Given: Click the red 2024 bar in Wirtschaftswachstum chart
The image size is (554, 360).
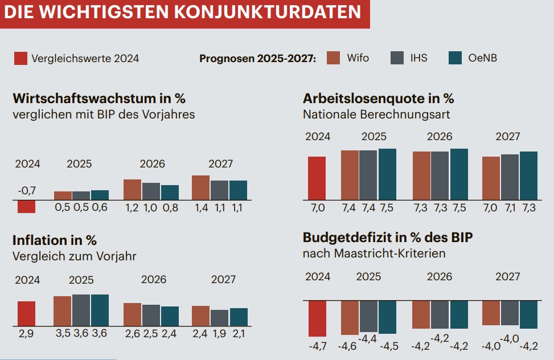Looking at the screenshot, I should click(x=26, y=206).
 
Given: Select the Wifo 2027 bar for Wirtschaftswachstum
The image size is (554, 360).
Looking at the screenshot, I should click(x=200, y=187).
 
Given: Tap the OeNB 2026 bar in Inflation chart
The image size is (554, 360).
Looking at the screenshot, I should click(x=170, y=316).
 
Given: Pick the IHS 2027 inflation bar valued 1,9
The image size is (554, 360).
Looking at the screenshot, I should click(x=219, y=317).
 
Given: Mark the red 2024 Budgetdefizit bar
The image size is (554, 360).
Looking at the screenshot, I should click(x=317, y=318).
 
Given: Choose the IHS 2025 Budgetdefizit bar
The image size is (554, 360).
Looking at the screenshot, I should click(x=368, y=316).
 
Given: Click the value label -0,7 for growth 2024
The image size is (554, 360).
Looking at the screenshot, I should click(x=27, y=190).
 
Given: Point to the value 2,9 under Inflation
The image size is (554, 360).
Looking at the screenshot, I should click(x=26, y=334).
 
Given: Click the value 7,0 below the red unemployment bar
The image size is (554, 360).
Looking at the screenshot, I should click(x=317, y=208).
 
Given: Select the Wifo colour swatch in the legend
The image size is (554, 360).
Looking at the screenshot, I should click(x=334, y=58).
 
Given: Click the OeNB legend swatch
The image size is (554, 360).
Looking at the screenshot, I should click(x=455, y=58).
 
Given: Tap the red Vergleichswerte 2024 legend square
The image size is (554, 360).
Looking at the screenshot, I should click(x=20, y=58).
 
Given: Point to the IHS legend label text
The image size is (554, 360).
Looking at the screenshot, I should click(x=418, y=58).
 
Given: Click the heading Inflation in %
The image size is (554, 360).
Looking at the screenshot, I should click(x=54, y=240).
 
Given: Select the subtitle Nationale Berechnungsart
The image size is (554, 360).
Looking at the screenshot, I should click(x=376, y=114).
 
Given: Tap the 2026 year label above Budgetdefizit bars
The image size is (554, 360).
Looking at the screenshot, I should click(x=440, y=277).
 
